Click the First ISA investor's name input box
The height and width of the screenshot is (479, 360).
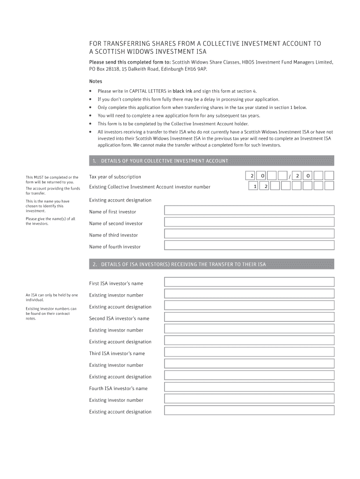click(x=249, y=283)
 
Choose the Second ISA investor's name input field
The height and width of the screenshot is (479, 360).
click(x=249, y=318)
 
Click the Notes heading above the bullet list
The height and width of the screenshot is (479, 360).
click(x=95, y=81)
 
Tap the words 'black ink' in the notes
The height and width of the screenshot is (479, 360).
click(x=182, y=91)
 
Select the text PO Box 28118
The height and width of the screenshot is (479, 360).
click(x=104, y=69)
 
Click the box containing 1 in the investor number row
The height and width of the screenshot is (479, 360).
click(x=254, y=186)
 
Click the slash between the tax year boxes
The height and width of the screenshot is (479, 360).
click(x=290, y=176)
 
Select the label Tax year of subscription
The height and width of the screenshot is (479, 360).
click(x=115, y=177)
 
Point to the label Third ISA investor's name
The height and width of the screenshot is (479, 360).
click(x=117, y=354)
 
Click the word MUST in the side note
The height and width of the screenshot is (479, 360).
click(x=40, y=177)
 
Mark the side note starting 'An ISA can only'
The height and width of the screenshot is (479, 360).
click(x=51, y=298)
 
